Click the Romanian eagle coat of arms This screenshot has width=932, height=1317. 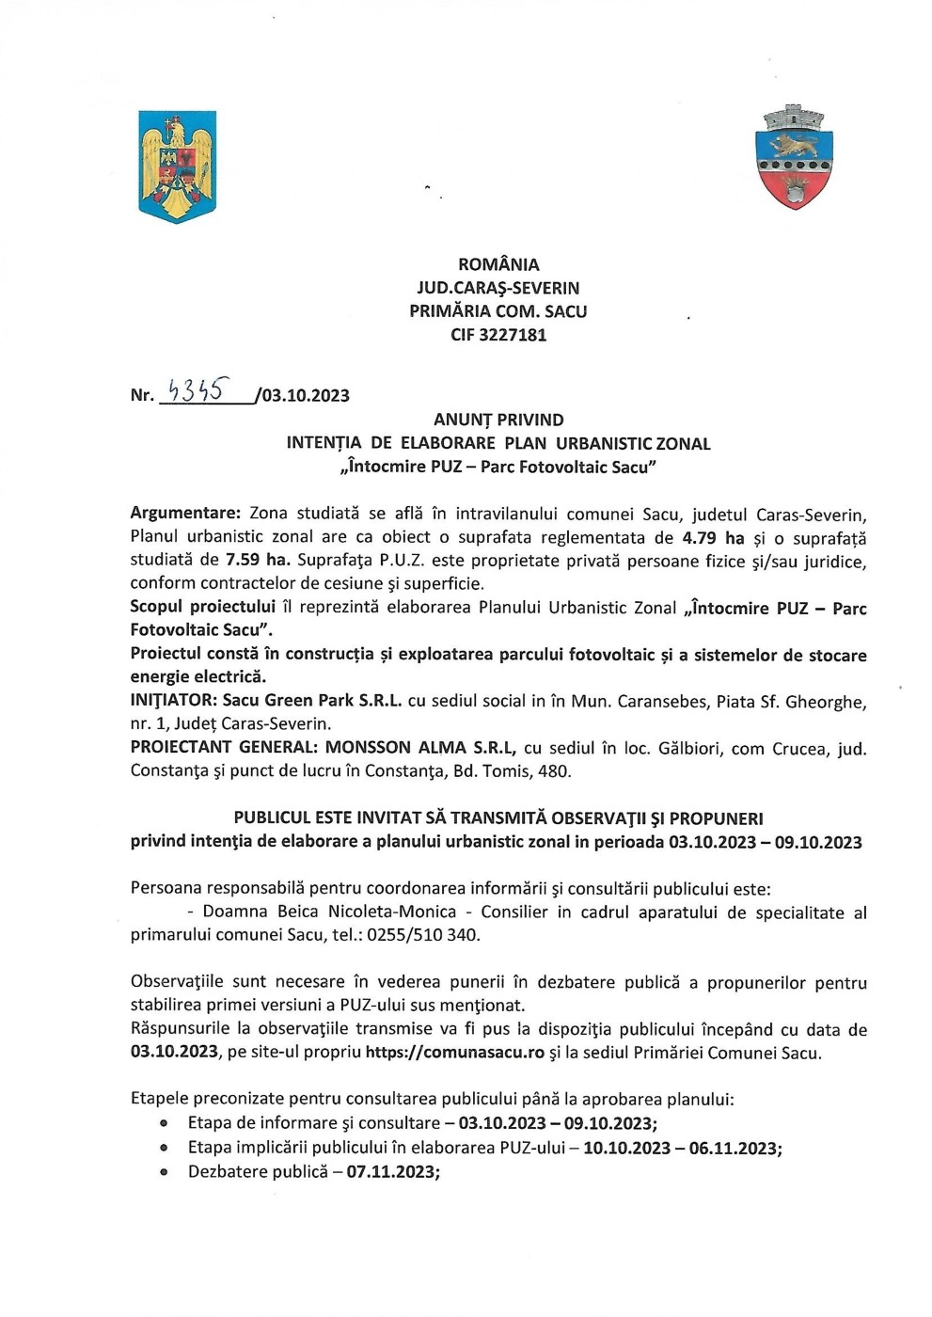click(x=178, y=167)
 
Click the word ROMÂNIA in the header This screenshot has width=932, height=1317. click(x=498, y=265)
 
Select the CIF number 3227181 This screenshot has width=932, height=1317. click(x=498, y=335)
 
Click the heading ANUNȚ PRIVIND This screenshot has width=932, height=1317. click(x=498, y=420)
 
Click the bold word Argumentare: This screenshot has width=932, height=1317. click(x=186, y=514)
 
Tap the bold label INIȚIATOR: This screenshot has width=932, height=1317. click(x=174, y=702)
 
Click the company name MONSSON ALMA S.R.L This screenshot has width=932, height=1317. click(x=420, y=748)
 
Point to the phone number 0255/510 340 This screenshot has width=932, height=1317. click(x=425, y=935)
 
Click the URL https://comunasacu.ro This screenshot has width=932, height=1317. click(x=455, y=1053)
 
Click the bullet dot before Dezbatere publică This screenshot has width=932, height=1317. click(x=165, y=1172)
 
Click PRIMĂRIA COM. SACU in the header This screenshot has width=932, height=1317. click(x=498, y=311)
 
